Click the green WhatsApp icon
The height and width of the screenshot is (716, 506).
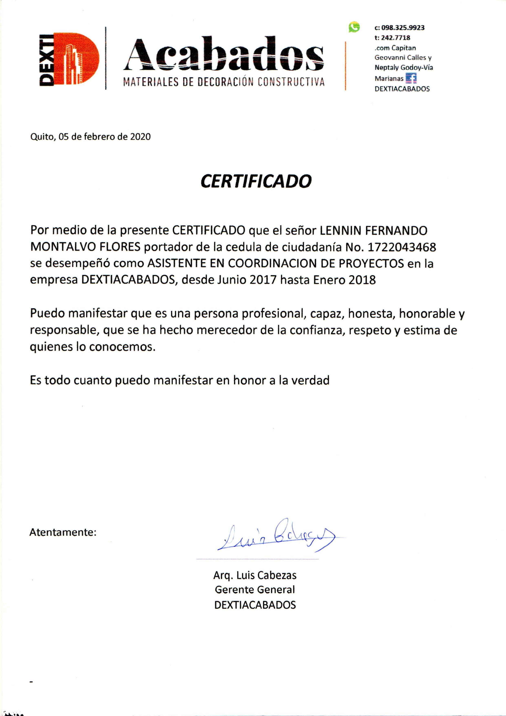(354, 27)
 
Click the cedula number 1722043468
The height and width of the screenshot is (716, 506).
(402, 247)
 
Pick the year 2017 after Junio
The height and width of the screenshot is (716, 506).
(263, 280)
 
